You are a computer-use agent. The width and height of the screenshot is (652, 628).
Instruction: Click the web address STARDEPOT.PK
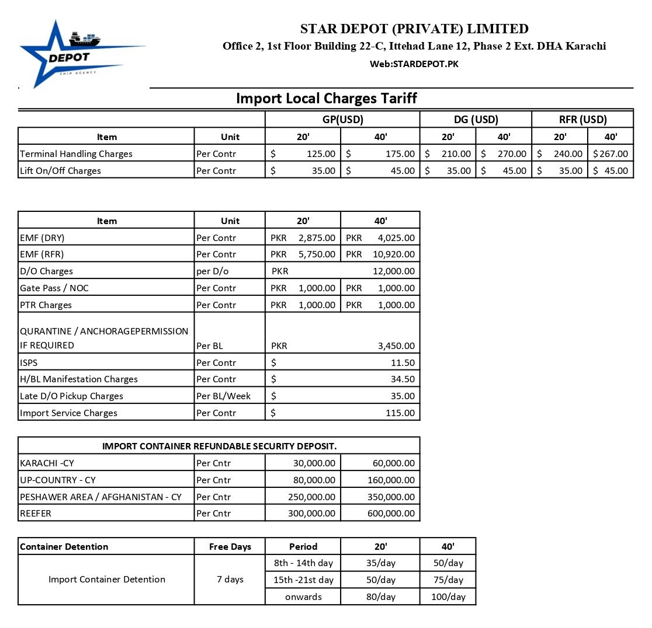[414, 64]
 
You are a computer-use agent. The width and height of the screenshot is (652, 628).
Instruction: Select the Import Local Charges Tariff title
[326, 98]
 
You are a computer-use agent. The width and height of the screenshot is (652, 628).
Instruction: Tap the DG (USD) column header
[476, 120]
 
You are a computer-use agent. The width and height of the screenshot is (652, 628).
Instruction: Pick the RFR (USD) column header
[582, 120]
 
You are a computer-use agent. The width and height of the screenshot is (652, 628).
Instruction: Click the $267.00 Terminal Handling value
[611, 154]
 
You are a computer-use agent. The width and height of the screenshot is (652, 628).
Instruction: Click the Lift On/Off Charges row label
[60, 171]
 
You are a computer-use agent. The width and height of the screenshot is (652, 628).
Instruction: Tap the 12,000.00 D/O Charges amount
[393, 271]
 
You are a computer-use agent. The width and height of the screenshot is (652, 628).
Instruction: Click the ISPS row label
[29, 363]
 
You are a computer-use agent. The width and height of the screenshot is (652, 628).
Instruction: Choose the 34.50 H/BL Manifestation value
[403, 379]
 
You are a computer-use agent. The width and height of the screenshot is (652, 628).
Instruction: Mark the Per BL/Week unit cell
[223, 396]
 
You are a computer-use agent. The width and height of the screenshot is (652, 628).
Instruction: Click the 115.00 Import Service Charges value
[400, 413]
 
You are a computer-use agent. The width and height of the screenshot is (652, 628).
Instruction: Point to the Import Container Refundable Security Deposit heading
[219, 446]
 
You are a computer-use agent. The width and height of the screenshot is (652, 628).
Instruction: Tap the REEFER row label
[35, 514]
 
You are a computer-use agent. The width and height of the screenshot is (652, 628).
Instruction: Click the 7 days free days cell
[230, 580]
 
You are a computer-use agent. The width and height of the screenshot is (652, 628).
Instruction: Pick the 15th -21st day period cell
[303, 580]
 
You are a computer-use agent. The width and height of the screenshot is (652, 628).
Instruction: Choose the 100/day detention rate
[448, 597]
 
